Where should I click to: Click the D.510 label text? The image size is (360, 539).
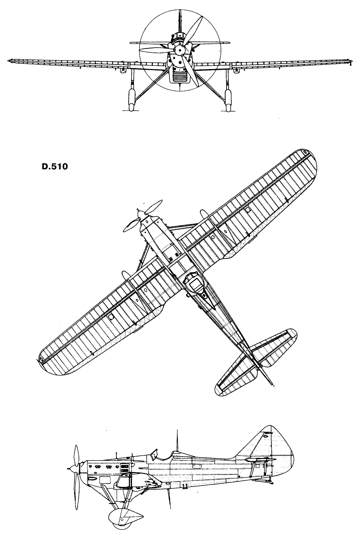click(x=55, y=167)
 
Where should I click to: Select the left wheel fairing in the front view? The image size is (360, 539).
click(x=131, y=99)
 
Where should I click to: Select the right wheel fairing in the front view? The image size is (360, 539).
click(x=229, y=99)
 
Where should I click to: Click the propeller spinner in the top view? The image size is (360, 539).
click(x=140, y=214)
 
